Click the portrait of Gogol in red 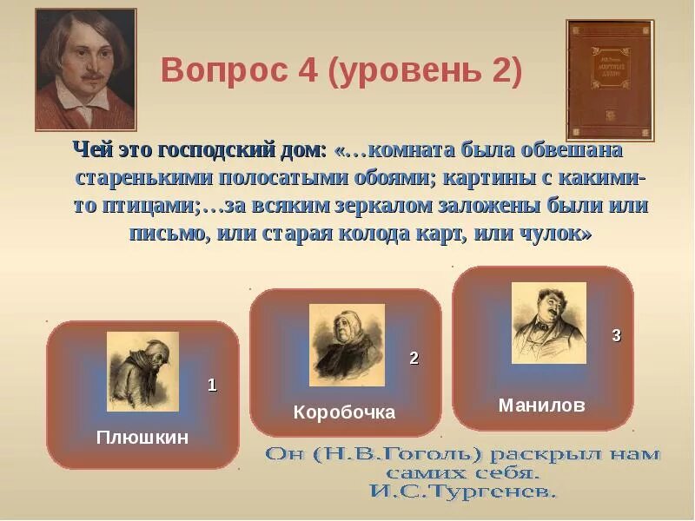coord(85,69)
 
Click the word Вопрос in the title coord(219,73)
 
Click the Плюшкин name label coord(142,437)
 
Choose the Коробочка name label coord(344,412)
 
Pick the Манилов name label coord(541,406)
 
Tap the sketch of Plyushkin coord(142,371)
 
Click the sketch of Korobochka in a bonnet coord(346,345)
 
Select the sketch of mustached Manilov coord(548,322)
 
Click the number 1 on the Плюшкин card coord(211,386)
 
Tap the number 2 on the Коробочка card coord(414,358)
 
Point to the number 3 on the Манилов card coord(616,336)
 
